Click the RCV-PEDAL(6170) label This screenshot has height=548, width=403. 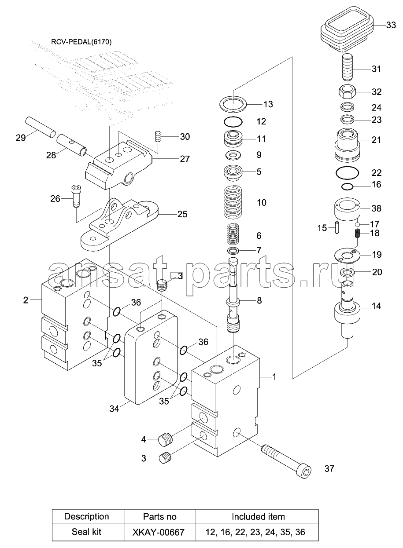click(81, 43)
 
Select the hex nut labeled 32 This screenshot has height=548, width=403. click(345, 92)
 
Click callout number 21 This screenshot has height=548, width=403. click(377, 140)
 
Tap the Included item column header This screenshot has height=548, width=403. click(258, 517)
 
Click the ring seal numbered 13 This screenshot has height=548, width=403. click(233, 104)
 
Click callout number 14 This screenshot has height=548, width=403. click(377, 306)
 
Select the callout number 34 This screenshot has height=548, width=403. click(114, 409)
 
